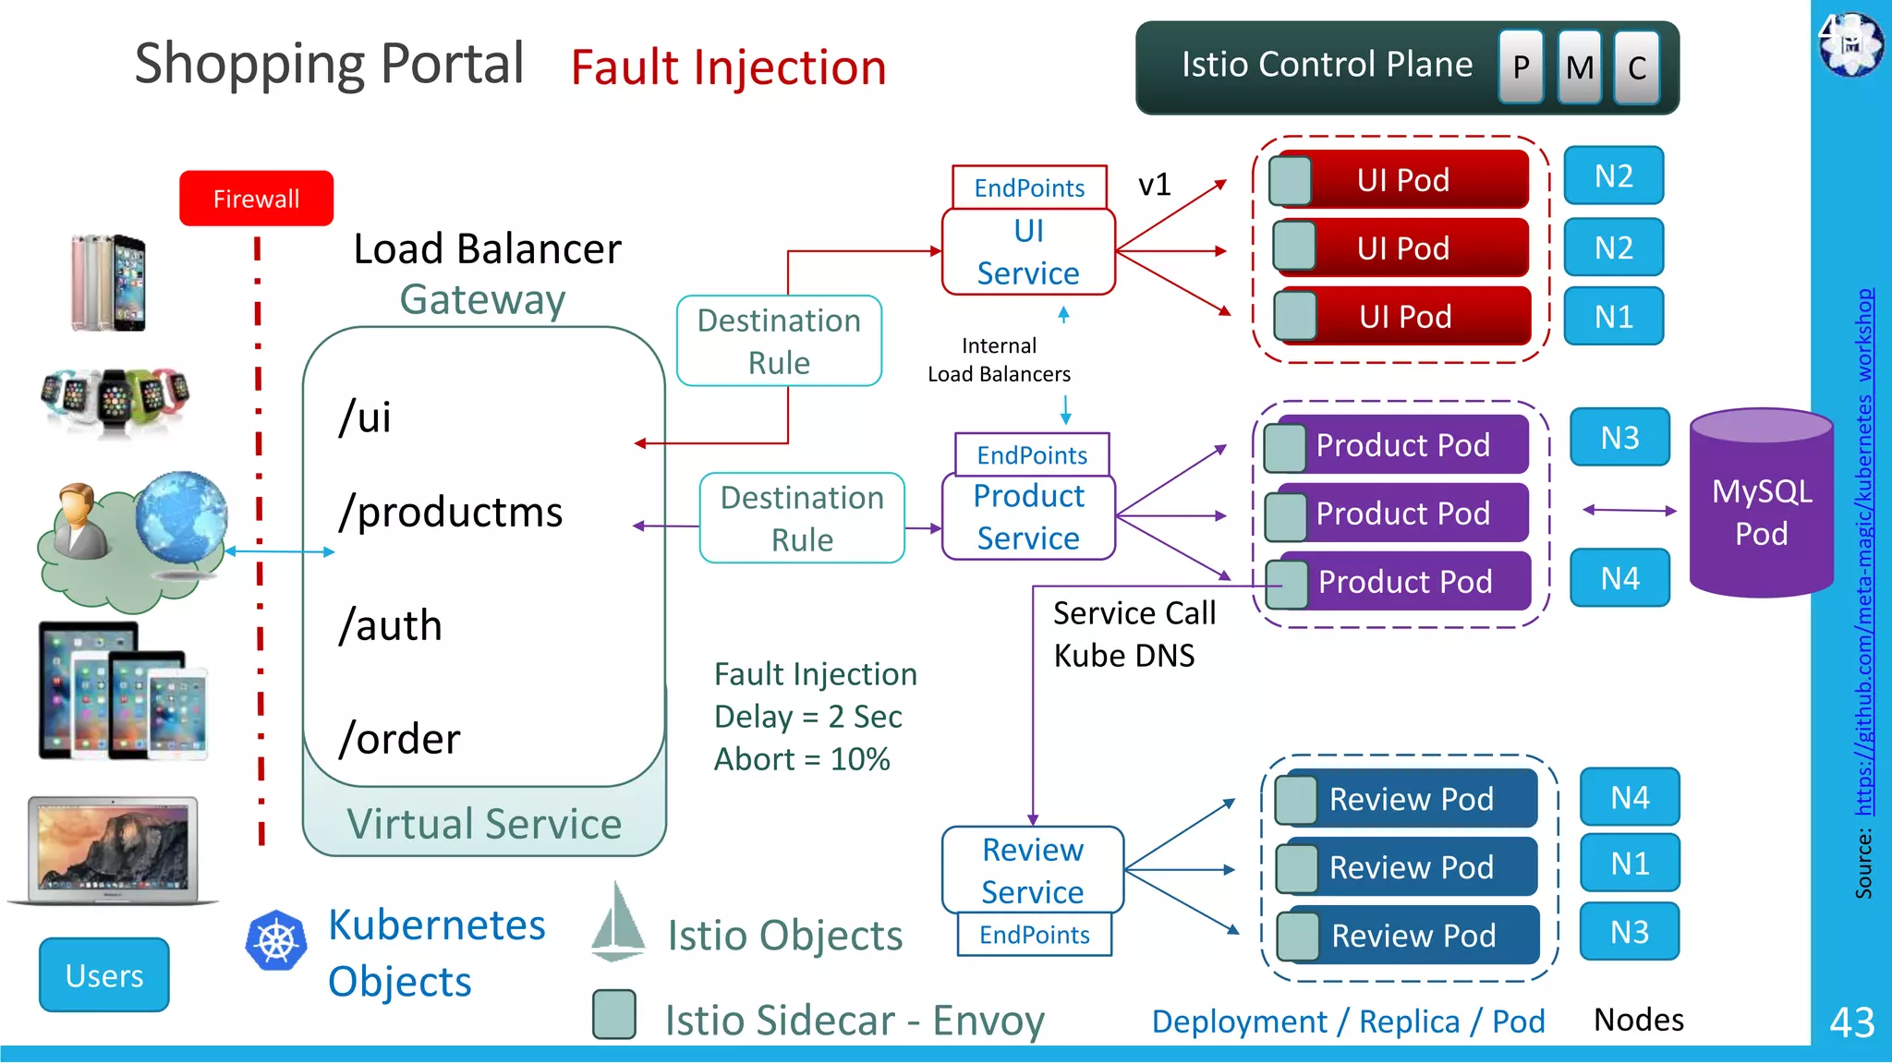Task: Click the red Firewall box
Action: [256, 199]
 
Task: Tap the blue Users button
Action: [104, 975]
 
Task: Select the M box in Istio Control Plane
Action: [1579, 66]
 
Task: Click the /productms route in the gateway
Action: [450, 512]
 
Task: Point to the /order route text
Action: [399, 739]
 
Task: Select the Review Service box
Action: [1032, 870]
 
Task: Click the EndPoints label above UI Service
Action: [1029, 187]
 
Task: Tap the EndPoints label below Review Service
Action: [1034, 935]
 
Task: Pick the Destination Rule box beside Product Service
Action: [802, 518]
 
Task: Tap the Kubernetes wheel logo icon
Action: [275, 941]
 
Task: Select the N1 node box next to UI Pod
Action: [1613, 317]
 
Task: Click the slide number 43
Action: [1851, 1022]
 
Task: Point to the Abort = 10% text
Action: [802, 759]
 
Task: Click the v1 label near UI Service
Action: [1154, 185]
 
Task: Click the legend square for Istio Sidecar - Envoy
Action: [614, 1014]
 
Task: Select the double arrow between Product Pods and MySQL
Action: [1629, 510]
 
